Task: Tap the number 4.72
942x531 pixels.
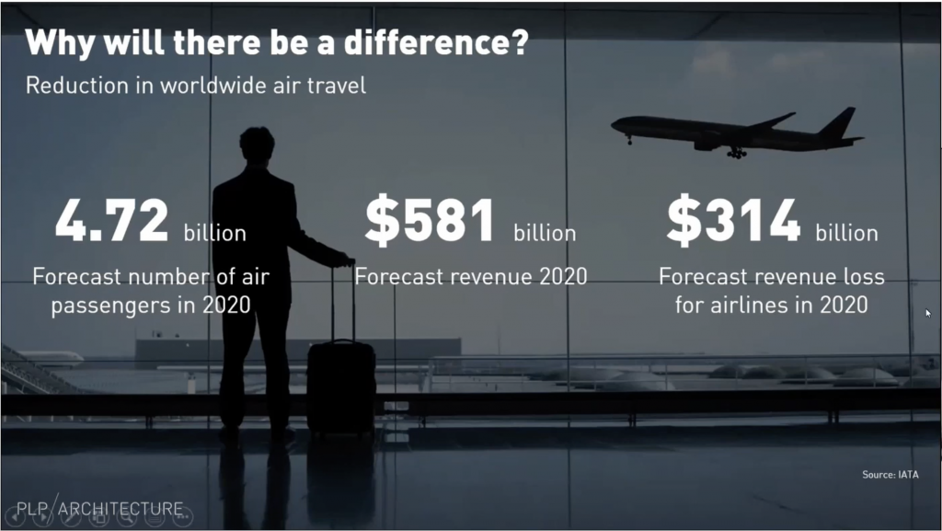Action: [x=111, y=221]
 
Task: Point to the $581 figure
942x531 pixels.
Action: [x=431, y=221]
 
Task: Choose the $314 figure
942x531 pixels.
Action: [x=733, y=221]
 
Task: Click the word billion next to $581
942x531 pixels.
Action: [x=545, y=233]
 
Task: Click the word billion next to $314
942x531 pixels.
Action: [x=846, y=233]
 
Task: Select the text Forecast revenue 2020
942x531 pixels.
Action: [x=470, y=276]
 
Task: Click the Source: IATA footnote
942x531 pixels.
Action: [x=890, y=475]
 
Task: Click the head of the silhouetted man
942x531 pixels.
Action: [x=258, y=144]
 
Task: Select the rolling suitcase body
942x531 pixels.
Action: [x=341, y=387]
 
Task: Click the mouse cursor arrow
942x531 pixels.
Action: [x=928, y=313]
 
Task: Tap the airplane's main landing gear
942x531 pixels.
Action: [x=737, y=153]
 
